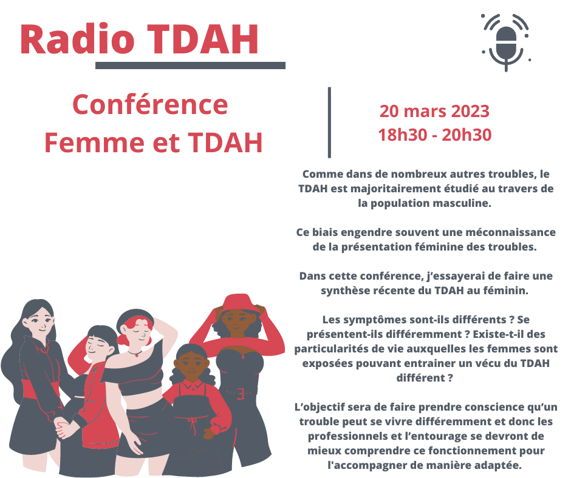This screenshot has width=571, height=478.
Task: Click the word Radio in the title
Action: [x=78, y=39]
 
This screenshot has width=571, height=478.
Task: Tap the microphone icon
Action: [x=506, y=42]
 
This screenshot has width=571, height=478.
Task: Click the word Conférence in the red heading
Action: [x=150, y=105]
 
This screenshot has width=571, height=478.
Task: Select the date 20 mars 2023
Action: [x=434, y=112]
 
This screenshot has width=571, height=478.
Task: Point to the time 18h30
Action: [x=402, y=135]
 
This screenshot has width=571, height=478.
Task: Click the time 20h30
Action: [x=467, y=135]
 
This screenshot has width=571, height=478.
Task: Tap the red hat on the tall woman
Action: [x=239, y=302]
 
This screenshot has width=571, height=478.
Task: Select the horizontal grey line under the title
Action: [x=191, y=66]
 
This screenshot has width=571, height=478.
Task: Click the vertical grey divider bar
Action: [x=330, y=123]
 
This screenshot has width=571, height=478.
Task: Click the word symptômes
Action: [x=375, y=320]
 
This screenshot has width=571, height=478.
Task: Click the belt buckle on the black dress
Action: [x=241, y=394]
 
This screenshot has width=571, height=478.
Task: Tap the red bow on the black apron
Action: [x=192, y=423]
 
